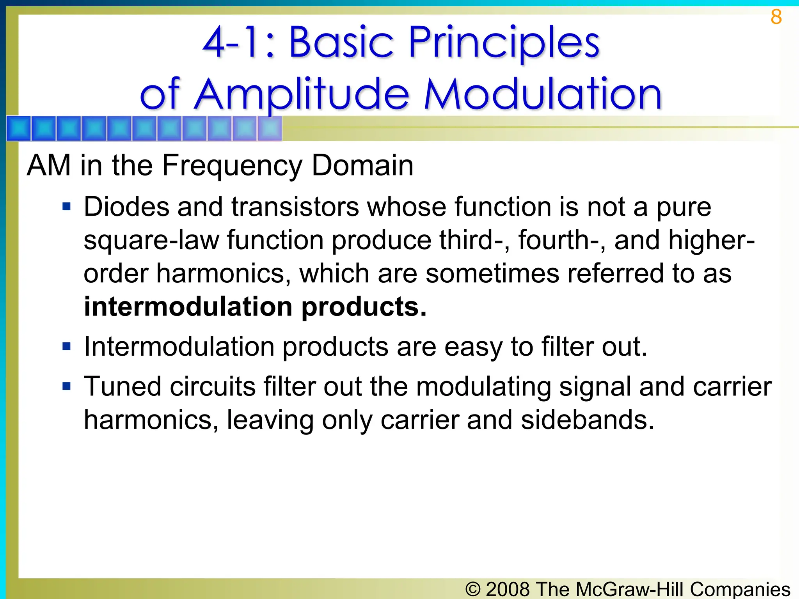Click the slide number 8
pyautogui.click(x=776, y=17)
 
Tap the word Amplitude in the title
pyautogui.click(x=302, y=94)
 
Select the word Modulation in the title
pyautogui.click(x=543, y=94)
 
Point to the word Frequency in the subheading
pyautogui.click(x=232, y=165)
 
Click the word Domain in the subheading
pyautogui.click(x=362, y=165)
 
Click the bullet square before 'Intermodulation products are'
pyautogui.click(x=67, y=346)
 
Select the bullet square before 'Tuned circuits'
pyautogui.click(x=67, y=386)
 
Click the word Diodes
pyautogui.click(x=126, y=207)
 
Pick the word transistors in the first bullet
pyautogui.click(x=295, y=207)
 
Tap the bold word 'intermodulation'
pyautogui.click(x=188, y=307)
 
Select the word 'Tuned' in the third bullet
pyautogui.click(x=123, y=387)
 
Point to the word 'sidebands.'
pyautogui.click(x=588, y=420)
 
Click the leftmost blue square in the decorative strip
pyautogui.click(x=19, y=128)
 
